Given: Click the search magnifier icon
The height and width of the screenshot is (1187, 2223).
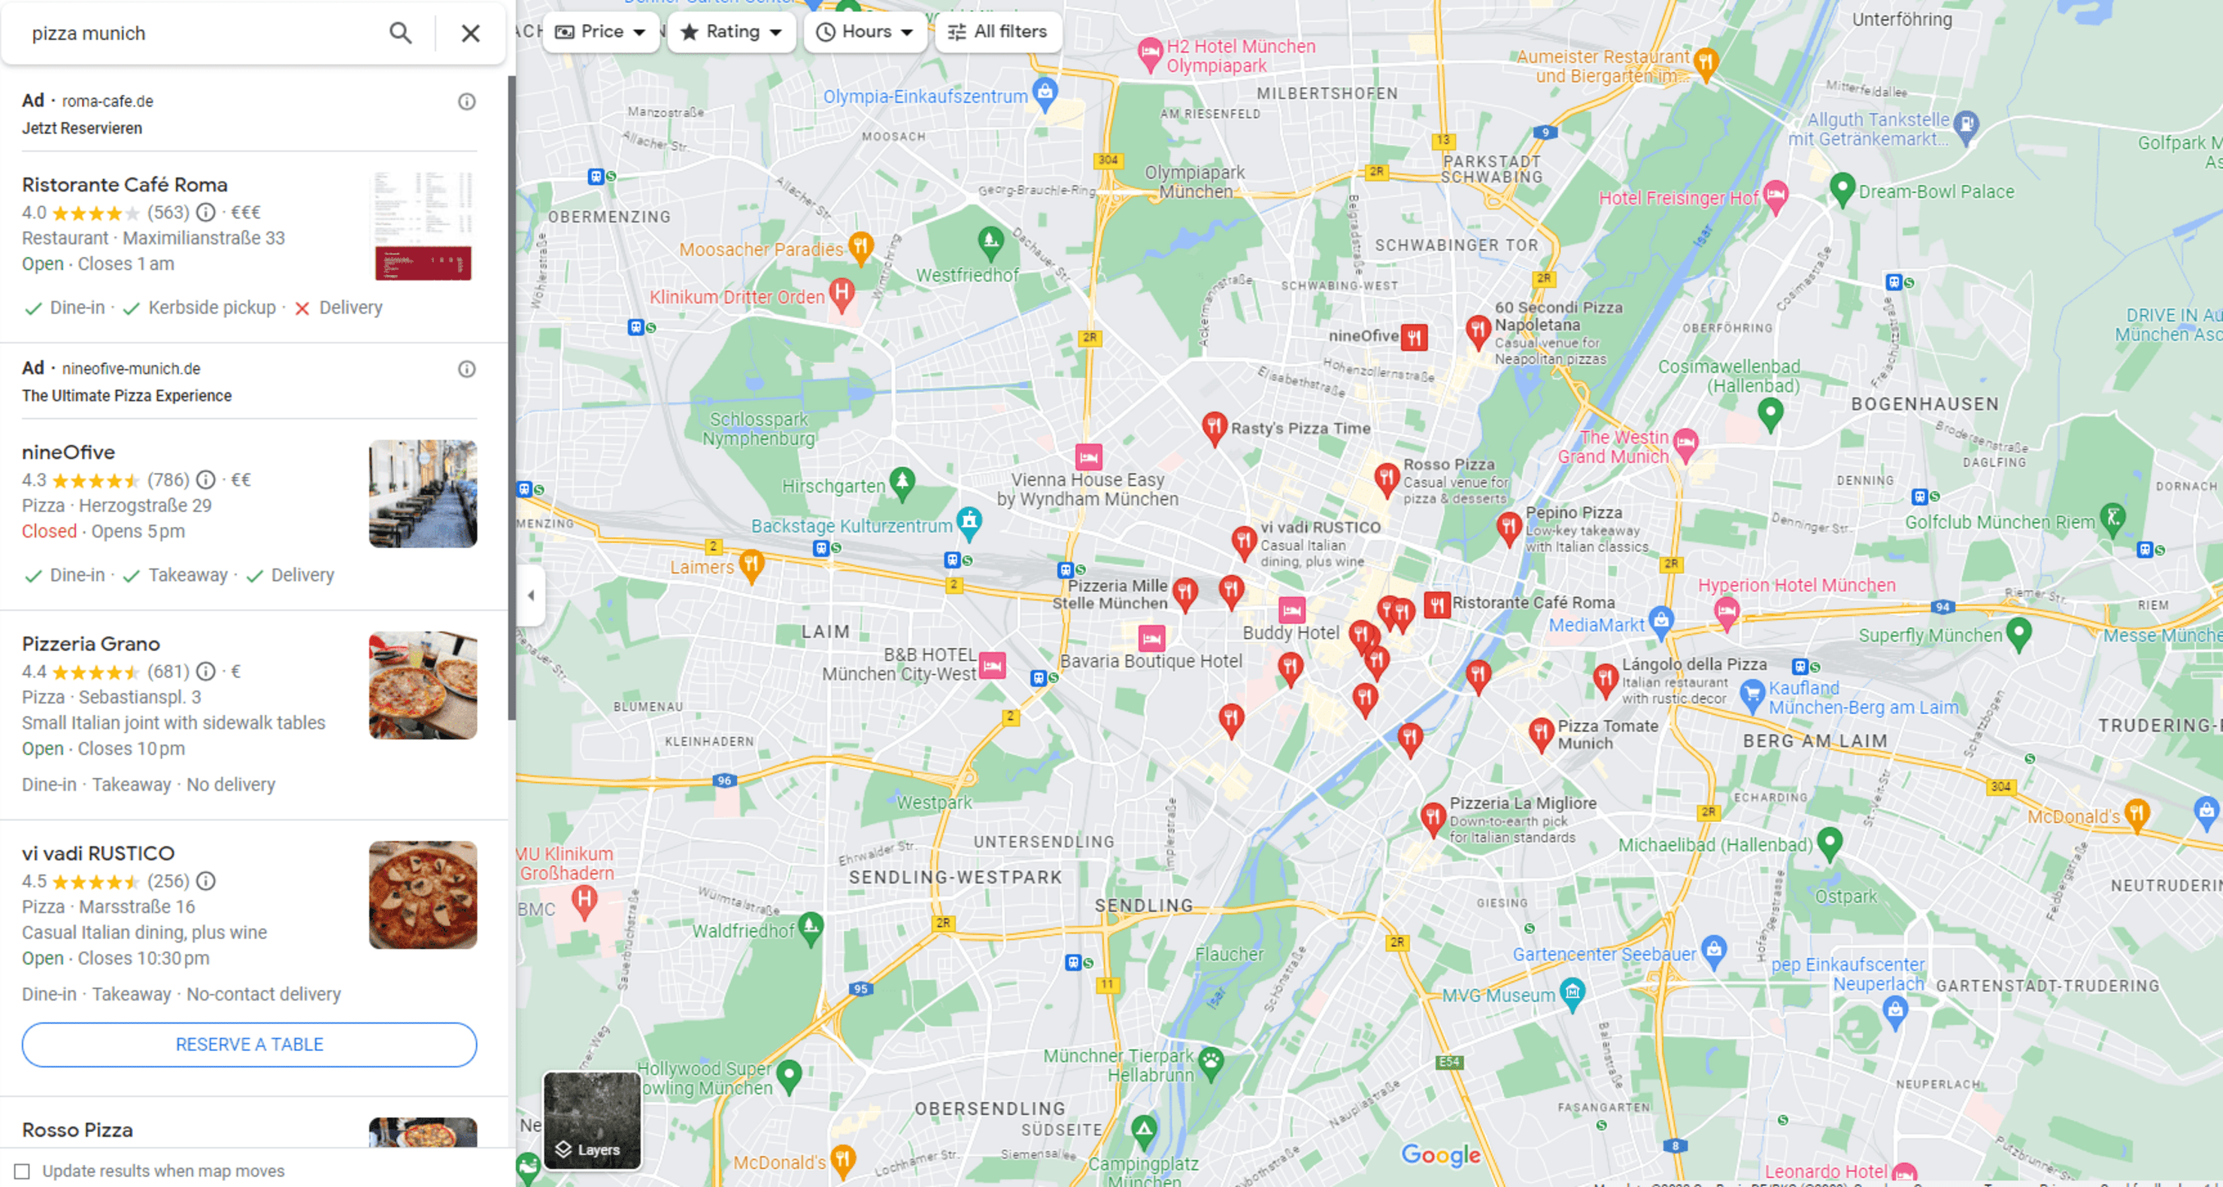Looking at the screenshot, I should point(399,33).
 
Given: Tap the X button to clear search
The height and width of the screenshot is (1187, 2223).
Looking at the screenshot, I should point(470,33).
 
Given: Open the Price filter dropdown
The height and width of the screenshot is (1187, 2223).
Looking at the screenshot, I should point(601,32).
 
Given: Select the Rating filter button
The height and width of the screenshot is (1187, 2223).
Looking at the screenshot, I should point(731,32).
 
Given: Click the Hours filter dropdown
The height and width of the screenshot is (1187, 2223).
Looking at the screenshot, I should point(865,32).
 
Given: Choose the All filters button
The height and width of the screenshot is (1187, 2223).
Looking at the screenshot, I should point(999,32).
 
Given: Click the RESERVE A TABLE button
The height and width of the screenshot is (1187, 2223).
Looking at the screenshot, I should point(250,1044).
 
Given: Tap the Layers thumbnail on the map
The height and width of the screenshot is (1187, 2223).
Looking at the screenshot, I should point(592,1119).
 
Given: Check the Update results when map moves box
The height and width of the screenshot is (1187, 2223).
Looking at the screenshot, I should point(23,1170).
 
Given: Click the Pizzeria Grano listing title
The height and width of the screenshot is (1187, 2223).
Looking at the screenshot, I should point(90,643).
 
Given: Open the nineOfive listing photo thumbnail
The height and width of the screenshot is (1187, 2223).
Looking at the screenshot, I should point(423,493).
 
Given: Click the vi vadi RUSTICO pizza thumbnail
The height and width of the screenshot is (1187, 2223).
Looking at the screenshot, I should point(423,895).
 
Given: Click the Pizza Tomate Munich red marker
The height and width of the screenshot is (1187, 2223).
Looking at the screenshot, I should point(1540,733).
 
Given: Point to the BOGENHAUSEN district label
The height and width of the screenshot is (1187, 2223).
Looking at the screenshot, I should point(1924,404).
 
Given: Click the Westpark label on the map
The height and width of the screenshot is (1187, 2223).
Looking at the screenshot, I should point(934,802).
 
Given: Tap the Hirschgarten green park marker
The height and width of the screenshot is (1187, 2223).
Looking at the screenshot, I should point(902,481).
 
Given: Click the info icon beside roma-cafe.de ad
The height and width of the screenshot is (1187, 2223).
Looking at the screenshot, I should point(467,101).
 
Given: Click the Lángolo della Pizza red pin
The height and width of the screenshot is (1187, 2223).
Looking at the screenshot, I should point(1605,678).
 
